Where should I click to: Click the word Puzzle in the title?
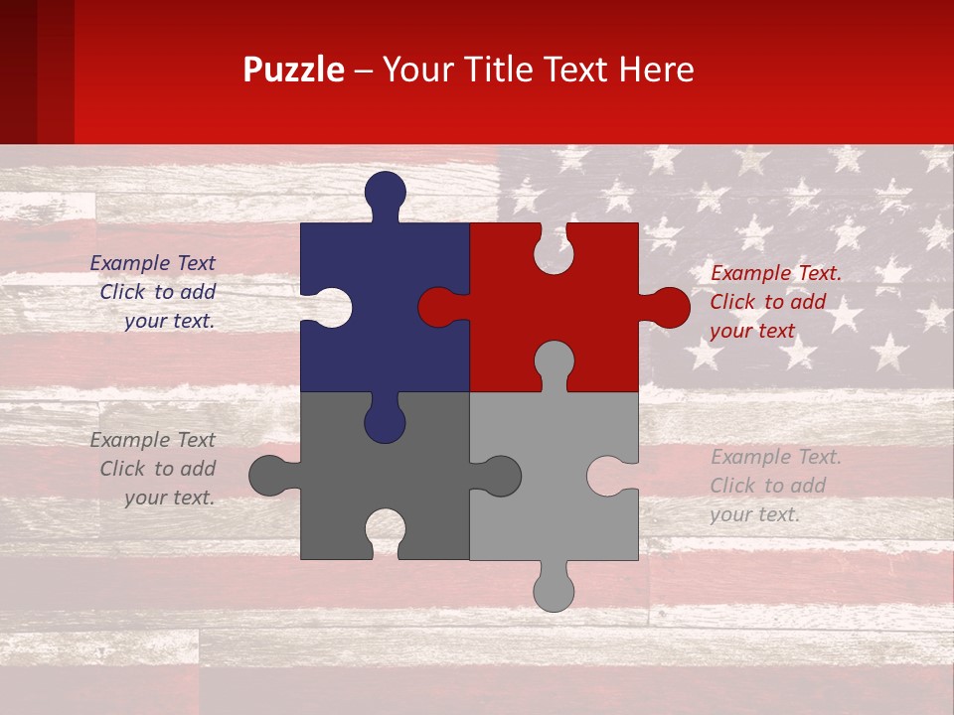tap(294, 71)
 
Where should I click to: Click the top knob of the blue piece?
tap(386, 191)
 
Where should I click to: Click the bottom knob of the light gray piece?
tap(554, 592)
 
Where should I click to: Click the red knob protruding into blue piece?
tap(437, 308)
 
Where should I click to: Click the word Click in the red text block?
tap(733, 302)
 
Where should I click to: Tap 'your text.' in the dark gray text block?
tap(169, 498)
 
